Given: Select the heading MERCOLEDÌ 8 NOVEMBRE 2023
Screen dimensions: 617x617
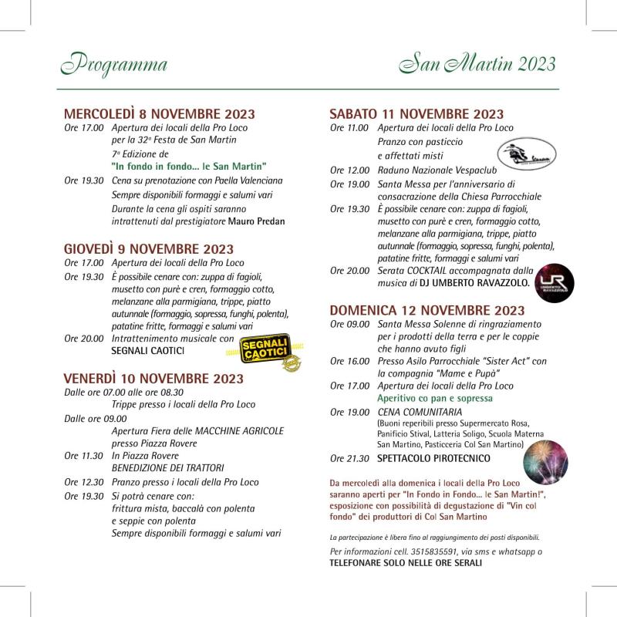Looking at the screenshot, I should click(x=160, y=113).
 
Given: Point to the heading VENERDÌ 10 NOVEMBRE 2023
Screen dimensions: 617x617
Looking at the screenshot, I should click(x=153, y=379).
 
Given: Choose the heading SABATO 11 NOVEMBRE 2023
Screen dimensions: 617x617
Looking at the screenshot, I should click(x=416, y=114).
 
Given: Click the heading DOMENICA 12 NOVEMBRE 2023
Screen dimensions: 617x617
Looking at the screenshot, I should click(x=427, y=310).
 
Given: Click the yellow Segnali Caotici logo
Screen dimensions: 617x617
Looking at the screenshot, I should click(x=264, y=352).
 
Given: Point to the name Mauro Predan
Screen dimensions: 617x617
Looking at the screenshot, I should click(x=257, y=221).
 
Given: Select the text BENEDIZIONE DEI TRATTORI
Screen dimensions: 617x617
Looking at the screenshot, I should click(x=168, y=467).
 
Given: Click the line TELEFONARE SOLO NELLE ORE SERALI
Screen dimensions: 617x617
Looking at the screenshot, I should click(x=406, y=563).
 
